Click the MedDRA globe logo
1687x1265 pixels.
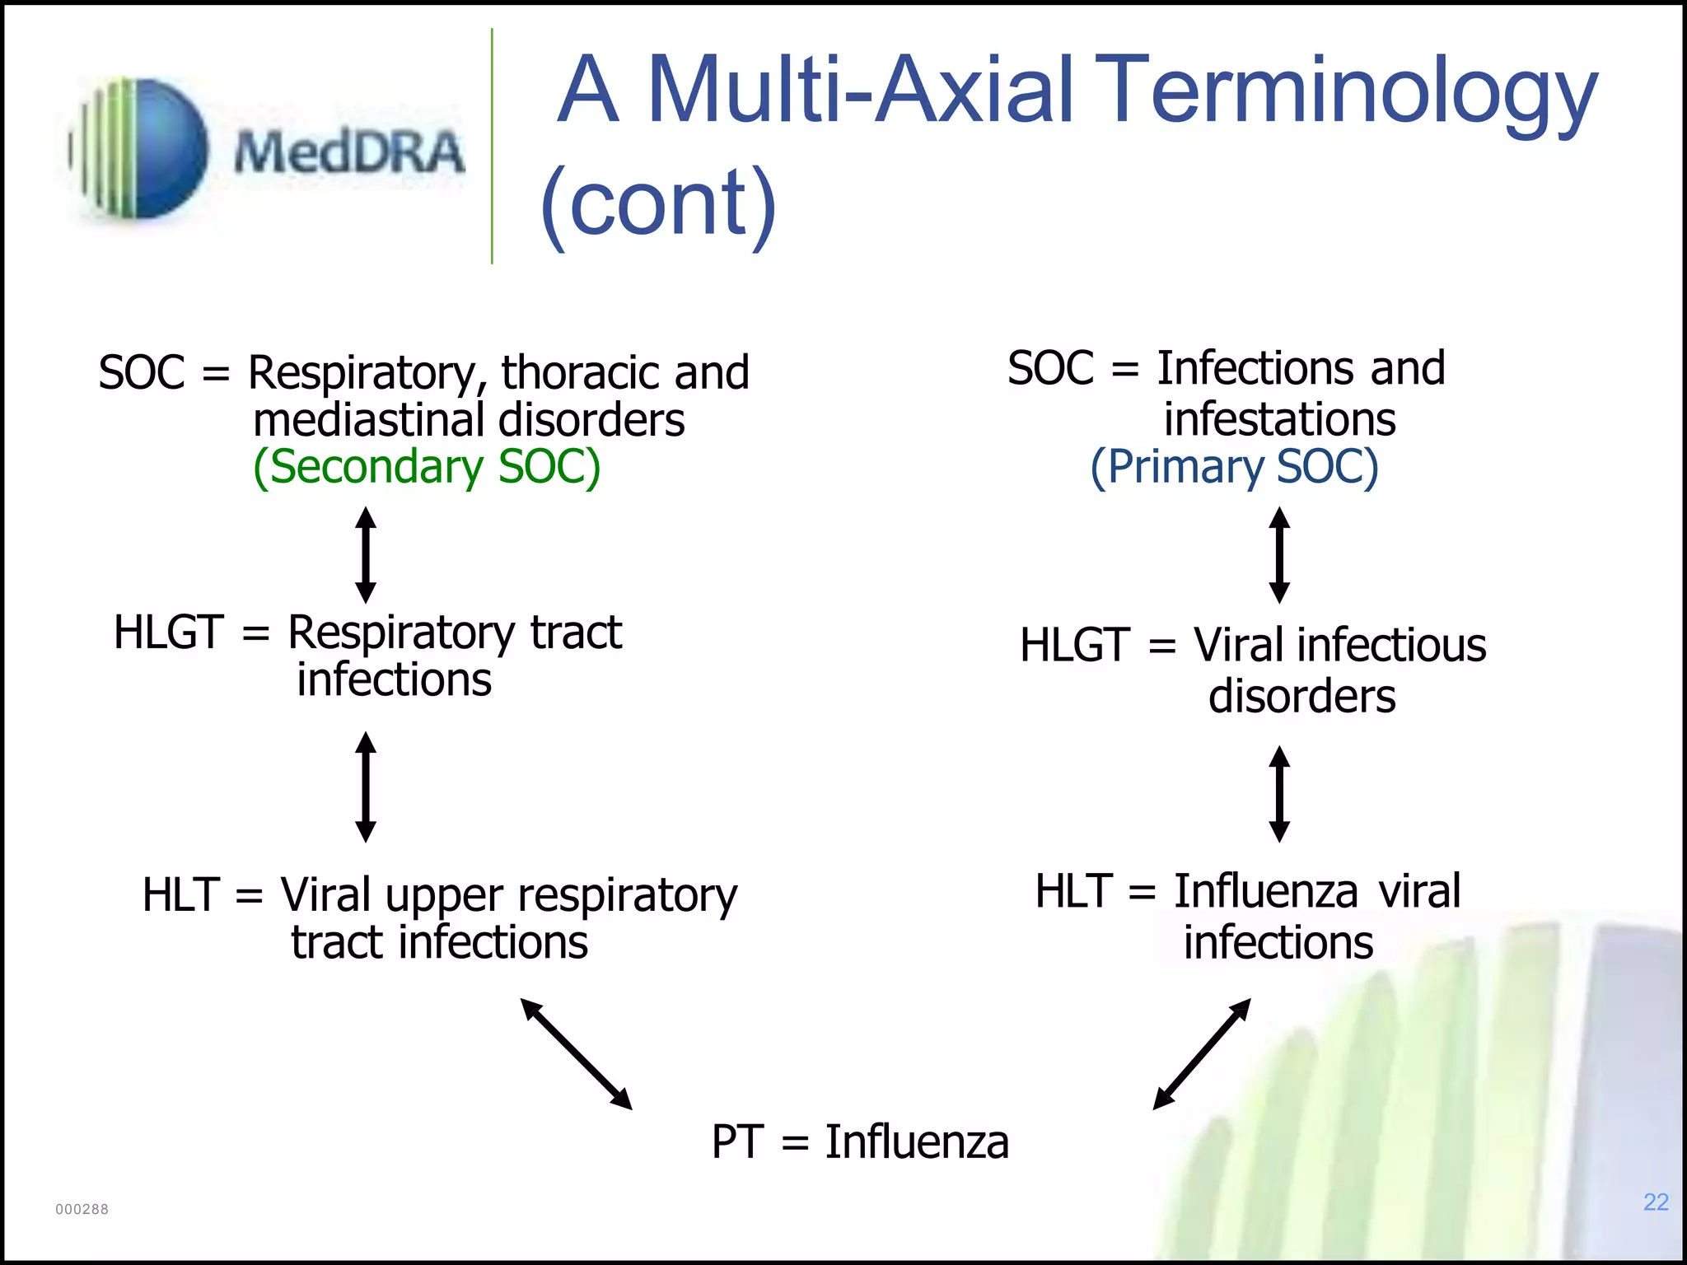[140, 149]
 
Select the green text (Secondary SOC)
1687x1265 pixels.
[427, 467]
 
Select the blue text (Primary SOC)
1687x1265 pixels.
[1234, 467]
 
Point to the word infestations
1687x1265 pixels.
[1279, 419]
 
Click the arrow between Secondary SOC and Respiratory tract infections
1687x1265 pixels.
[366, 555]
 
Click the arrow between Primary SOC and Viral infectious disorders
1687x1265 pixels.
[1279, 555]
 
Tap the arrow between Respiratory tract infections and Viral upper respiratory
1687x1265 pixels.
[366, 787]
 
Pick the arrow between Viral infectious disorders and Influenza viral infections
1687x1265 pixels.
[1279, 793]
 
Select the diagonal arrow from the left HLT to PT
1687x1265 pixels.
[577, 1054]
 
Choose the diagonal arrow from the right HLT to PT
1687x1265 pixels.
[1202, 1054]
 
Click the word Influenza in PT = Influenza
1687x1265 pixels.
[917, 1142]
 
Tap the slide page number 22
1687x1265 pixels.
[1656, 1202]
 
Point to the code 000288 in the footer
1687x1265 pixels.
[82, 1209]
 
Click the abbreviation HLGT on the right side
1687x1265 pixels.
[1074, 645]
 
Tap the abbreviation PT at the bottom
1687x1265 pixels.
[737, 1142]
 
